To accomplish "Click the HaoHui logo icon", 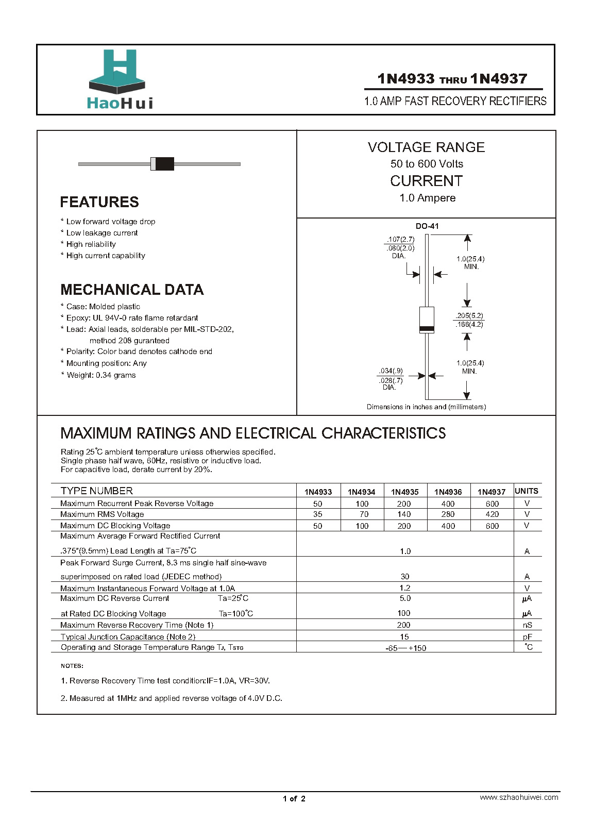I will tap(117, 71).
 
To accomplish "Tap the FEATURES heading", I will tap(99, 202).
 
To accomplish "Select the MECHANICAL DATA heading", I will tap(132, 290).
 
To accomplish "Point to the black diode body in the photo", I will tap(164, 164).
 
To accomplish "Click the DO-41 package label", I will tap(427, 226).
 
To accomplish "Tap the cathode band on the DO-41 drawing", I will tap(427, 329).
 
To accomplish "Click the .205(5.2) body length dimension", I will tap(469, 315).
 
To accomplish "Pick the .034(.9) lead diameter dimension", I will tap(391, 371).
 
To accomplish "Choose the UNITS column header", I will tap(527, 491).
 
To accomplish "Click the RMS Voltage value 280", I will tap(448, 514).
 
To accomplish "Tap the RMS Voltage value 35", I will tap(317, 514).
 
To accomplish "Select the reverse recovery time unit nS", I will tap(527, 625).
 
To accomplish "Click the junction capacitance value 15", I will tap(404, 637).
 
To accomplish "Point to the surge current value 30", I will tap(405, 577).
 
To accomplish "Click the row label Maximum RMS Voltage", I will tap(102, 514).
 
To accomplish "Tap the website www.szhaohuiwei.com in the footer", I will tap(519, 797).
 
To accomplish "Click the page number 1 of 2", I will tap(294, 799).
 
